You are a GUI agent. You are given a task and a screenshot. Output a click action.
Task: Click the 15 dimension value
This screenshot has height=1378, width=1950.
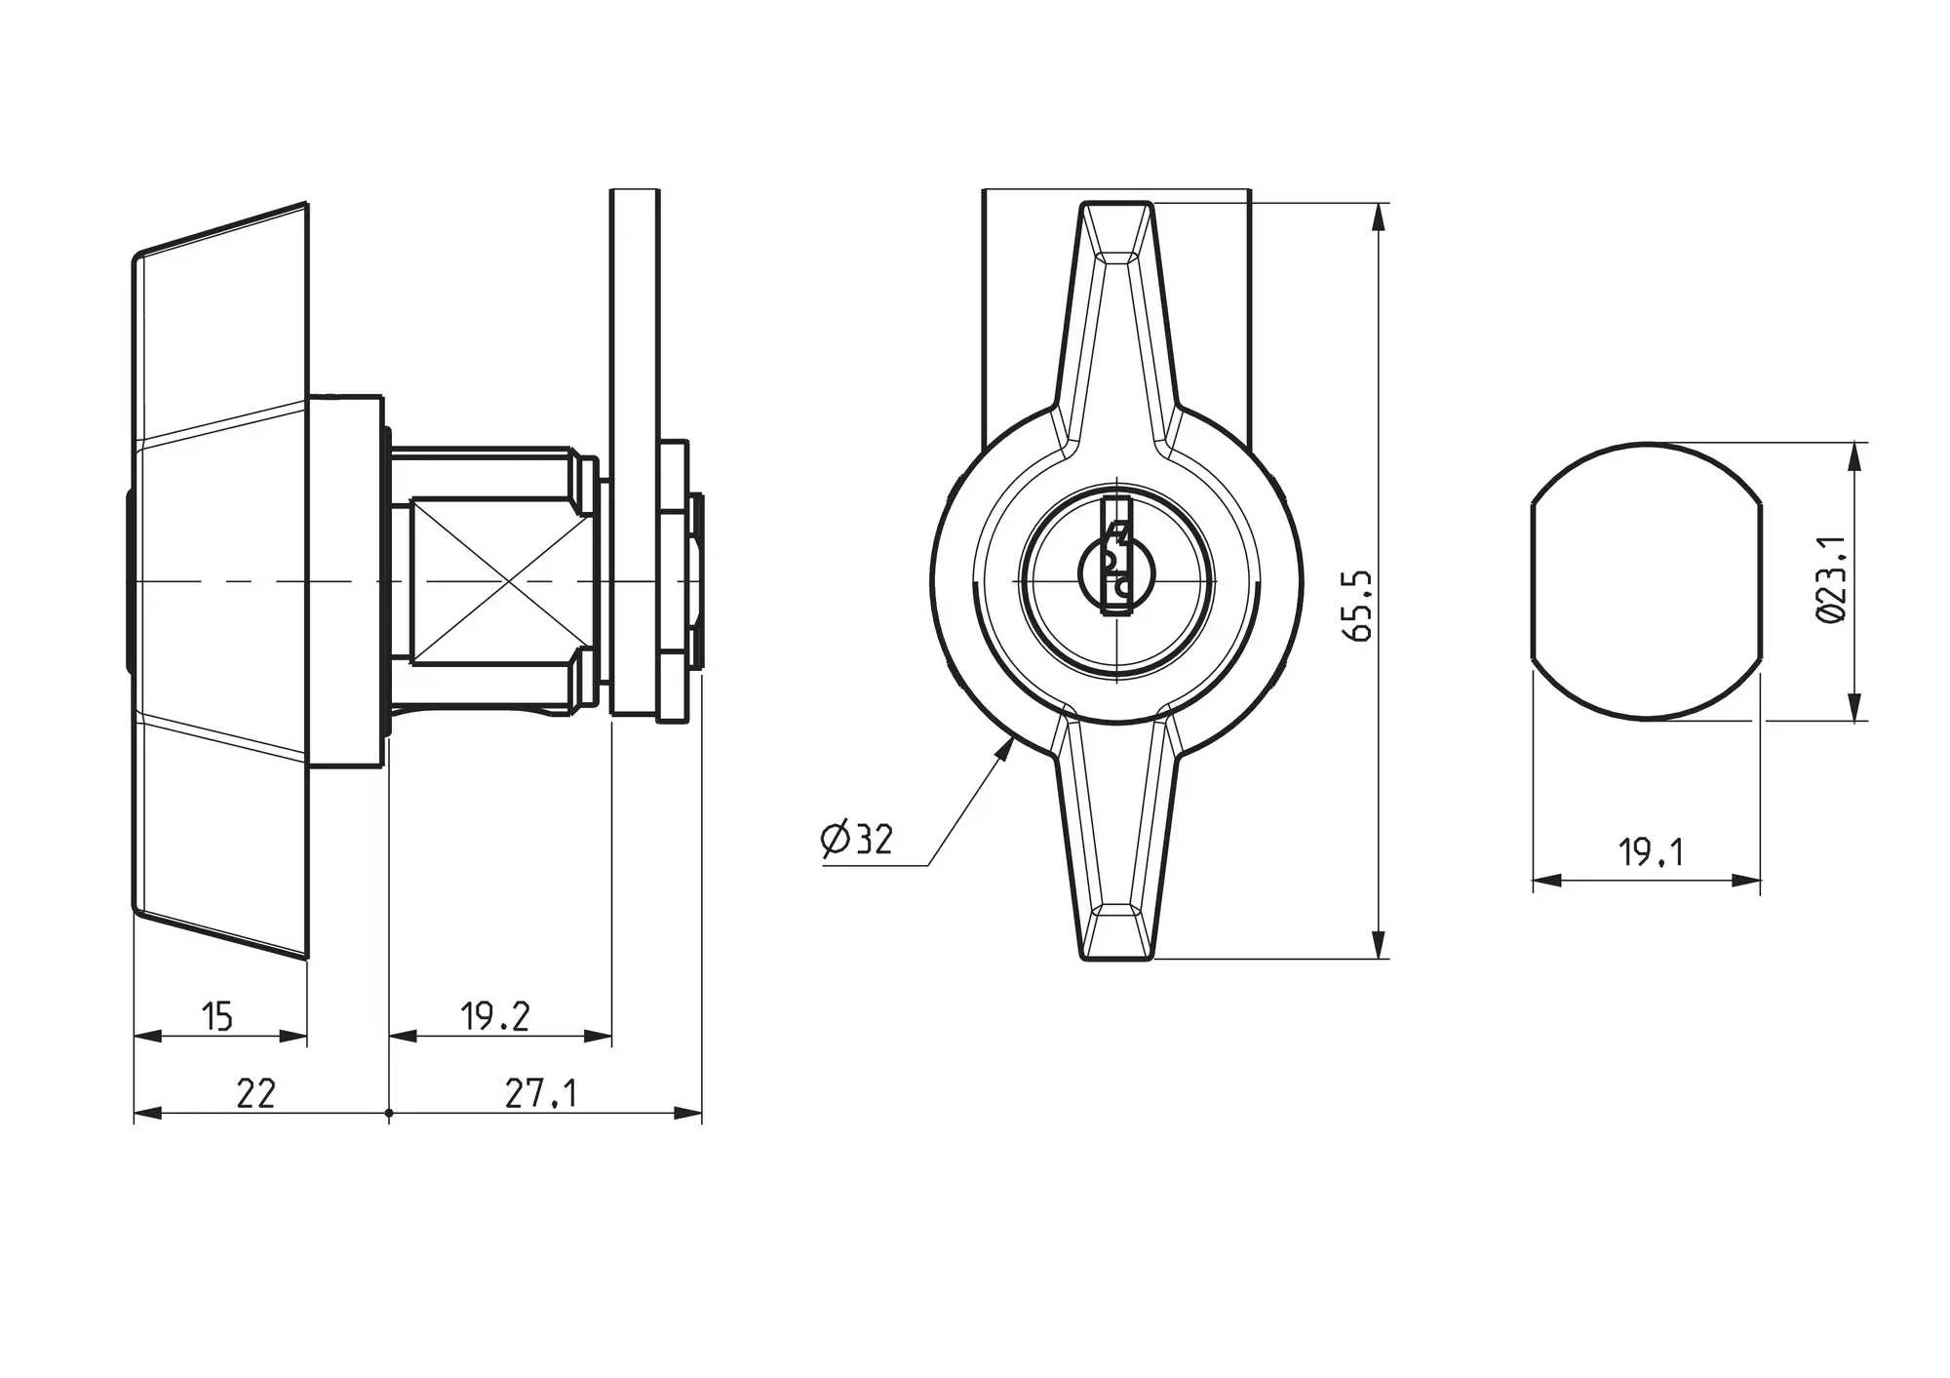[217, 1017]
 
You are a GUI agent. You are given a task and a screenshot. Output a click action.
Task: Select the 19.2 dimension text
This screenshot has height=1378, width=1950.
[495, 1017]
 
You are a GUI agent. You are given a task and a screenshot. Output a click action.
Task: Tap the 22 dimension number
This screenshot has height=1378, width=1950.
[256, 1093]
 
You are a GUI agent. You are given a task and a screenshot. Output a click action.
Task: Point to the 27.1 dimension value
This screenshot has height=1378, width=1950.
[541, 1093]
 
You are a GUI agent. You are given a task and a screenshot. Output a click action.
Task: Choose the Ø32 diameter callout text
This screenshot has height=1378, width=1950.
[857, 839]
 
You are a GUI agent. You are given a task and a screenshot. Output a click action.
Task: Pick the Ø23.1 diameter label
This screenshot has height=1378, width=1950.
[1831, 578]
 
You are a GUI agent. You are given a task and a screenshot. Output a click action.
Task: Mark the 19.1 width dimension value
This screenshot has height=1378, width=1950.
[1651, 853]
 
